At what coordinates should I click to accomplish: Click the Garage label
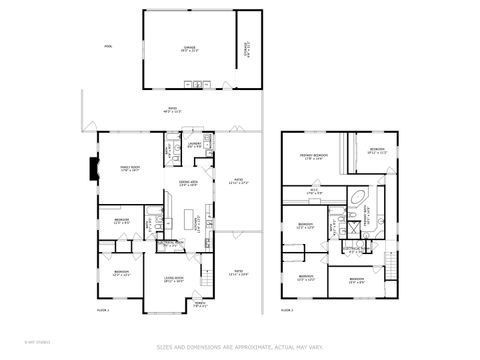[x=189, y=48]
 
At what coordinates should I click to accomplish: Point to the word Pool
[x=108, y=46]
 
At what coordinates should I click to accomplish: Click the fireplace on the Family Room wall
[x=95, y=171]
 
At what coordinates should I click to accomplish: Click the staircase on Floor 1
[x=207, y=271]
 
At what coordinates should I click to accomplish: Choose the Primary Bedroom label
[x=313, y=157]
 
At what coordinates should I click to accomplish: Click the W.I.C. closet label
[x=313, y=192]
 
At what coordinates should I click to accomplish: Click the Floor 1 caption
[x=102, y=311]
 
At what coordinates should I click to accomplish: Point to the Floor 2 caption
[x=287, y=311]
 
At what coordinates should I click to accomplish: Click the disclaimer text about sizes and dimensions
[x=240, y=347]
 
